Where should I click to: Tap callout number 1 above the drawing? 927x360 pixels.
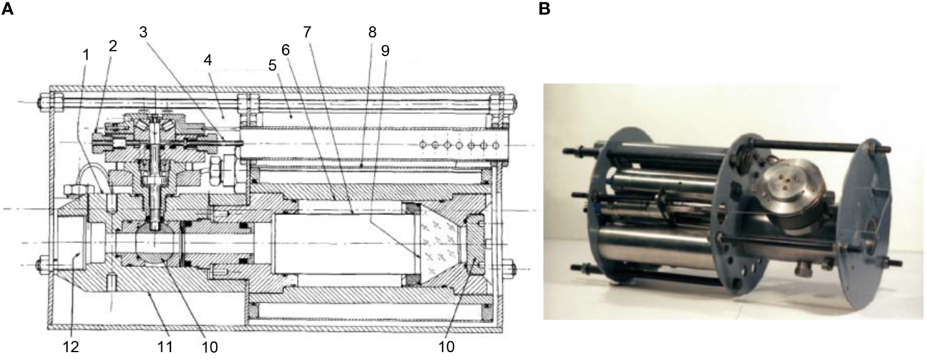86,54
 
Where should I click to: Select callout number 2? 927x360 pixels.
112,47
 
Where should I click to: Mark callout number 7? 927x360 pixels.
307,32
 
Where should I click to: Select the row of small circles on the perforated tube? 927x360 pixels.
459,146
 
